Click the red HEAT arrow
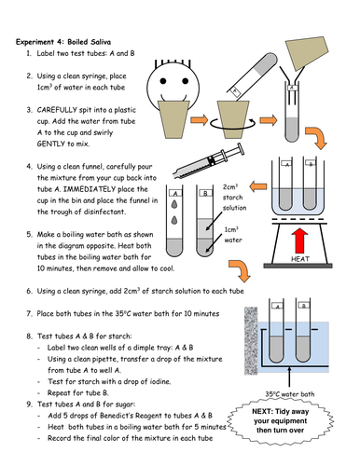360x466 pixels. (300, 240)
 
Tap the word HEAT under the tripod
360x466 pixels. (300, 259)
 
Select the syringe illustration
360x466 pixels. (209, 161)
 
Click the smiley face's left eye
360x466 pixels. (163, 81)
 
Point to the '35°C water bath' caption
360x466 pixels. (289, 394)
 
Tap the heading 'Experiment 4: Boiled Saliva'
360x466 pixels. (63, 42)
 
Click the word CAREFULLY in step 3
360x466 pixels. (57, 110)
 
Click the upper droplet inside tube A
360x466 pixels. (174, 204)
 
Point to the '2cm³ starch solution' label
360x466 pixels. (234, 198)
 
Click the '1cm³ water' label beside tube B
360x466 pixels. (233, 235)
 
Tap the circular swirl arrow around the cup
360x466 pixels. (233, 124)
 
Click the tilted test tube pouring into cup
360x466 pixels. (252, 75)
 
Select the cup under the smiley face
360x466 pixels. (173, 119)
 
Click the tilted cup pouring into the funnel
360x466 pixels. (307, 53)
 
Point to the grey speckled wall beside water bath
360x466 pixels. (251, 341)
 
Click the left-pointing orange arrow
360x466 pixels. (258, 186)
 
